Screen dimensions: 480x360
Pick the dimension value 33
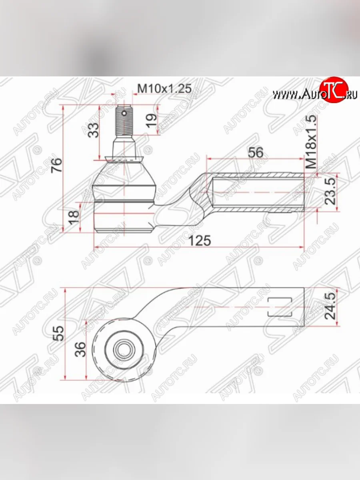coord(94,130)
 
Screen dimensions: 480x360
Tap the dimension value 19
coord(151,120)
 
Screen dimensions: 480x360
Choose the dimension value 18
coord(74,216)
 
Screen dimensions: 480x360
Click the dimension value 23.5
coord(330,191)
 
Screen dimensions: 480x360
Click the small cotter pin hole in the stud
coord(124,112)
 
